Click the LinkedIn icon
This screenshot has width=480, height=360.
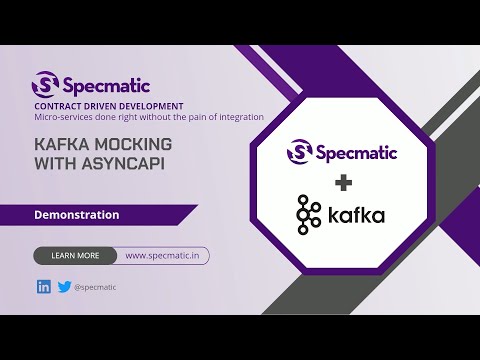[x=43, y=287]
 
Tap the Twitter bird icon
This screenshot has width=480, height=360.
[x=64, y=287]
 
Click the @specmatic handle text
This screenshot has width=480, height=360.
[x=95, y=287]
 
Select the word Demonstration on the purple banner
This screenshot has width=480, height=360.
[x=77, y=214]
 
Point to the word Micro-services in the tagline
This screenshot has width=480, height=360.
[x=65, y=117]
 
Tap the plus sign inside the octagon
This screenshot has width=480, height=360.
[x=344, y=182]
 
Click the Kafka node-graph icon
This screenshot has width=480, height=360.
[x=308, y=214]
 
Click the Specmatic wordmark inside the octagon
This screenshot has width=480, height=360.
[x=358, y=152]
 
